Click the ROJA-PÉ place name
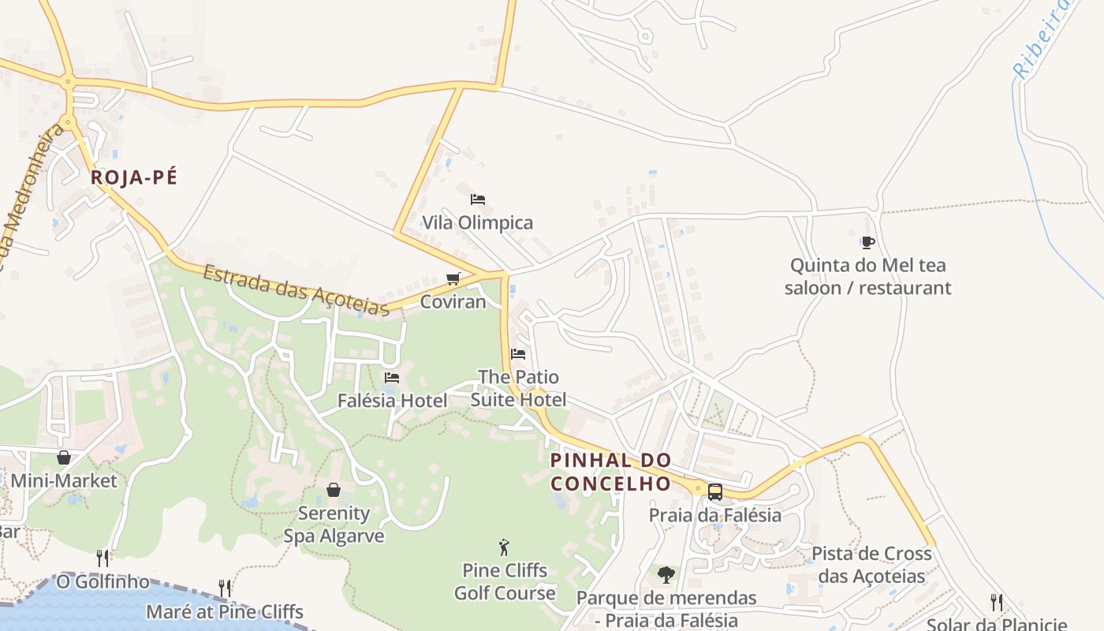pyautogui.click(x=133, y=177)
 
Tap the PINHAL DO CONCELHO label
pyautogui.click(x=610, y=472)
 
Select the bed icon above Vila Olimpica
pyautogui.click(x=477, y=200)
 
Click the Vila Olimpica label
pyautogui.click(x=477, y=222)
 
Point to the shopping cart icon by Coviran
pyautogui.click(x=453, y=278)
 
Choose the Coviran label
pyautogui.click(x=453, y=301)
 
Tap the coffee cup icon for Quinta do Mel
pyautogui.click(x=867, y=242)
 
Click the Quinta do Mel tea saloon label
pyautogui.click(x=867, y=276)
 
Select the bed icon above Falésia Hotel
pyautogui.click(x=392, y=378)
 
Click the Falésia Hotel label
pyautogui.click(x=392, y=401)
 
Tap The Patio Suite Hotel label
pyautogui.click(x=518, y=388)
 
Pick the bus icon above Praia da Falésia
pyautogui.click(x=715, y=492)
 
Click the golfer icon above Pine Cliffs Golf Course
pyautogui.click(x=505, y=547)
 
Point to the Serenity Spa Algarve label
pyautogui.click(x=334, y=525)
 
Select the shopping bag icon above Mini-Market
pyautogui.click(x=64, y=457)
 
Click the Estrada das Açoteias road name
pyautogui.click(x=296, y=290)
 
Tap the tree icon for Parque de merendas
pyautogui.click(x=666, y=575)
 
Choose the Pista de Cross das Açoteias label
pyautogui.click(x=871, y=565)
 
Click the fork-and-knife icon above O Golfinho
pyautogui.click(x=103, y=558)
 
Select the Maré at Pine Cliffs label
pyautogui.click(x=225, y=611)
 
